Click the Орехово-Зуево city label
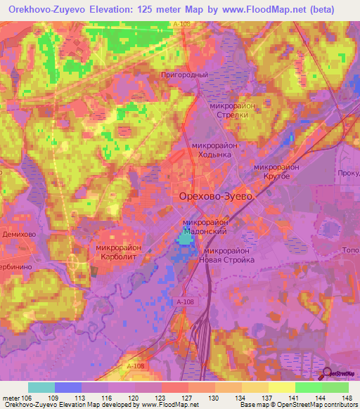[x=216, y=197]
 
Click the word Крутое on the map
[x=276, y=176]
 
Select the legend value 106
[x=27, y=397]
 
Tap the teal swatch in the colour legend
[x=41, y=387]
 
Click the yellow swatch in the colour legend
[x=281, y=387]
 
